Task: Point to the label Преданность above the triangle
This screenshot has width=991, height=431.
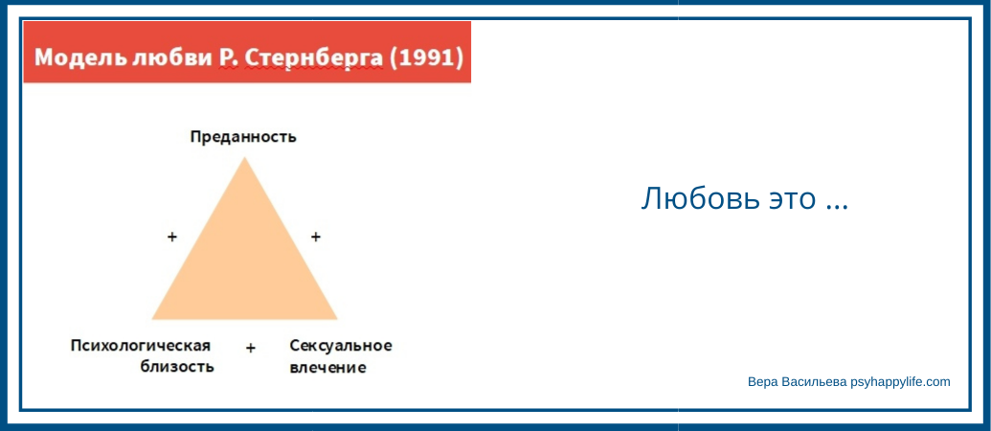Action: coord(243,137)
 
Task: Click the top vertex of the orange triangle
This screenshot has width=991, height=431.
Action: coord(244,157)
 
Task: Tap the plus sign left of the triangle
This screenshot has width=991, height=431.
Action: coord(172,237)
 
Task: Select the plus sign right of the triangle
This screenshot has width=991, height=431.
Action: coord(316,237)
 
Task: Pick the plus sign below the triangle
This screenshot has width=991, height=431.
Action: coord(251,348)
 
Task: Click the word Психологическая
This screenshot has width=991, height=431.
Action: coord(141,346)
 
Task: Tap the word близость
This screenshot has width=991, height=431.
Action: coord(177,367)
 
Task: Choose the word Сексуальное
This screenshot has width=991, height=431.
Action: coord(341,346)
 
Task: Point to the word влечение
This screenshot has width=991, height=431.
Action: coord(327,367)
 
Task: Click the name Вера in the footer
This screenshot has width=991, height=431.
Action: coord(760,382)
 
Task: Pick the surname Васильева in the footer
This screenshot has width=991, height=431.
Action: coord(812,382)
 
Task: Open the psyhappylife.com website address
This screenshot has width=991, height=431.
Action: coord(900,382)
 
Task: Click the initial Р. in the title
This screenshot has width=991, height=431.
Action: coord(229,57)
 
